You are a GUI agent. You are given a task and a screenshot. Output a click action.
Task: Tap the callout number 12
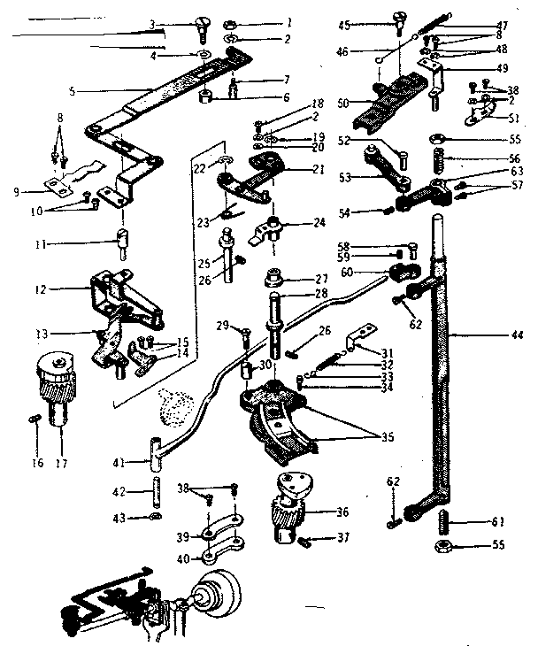54,289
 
